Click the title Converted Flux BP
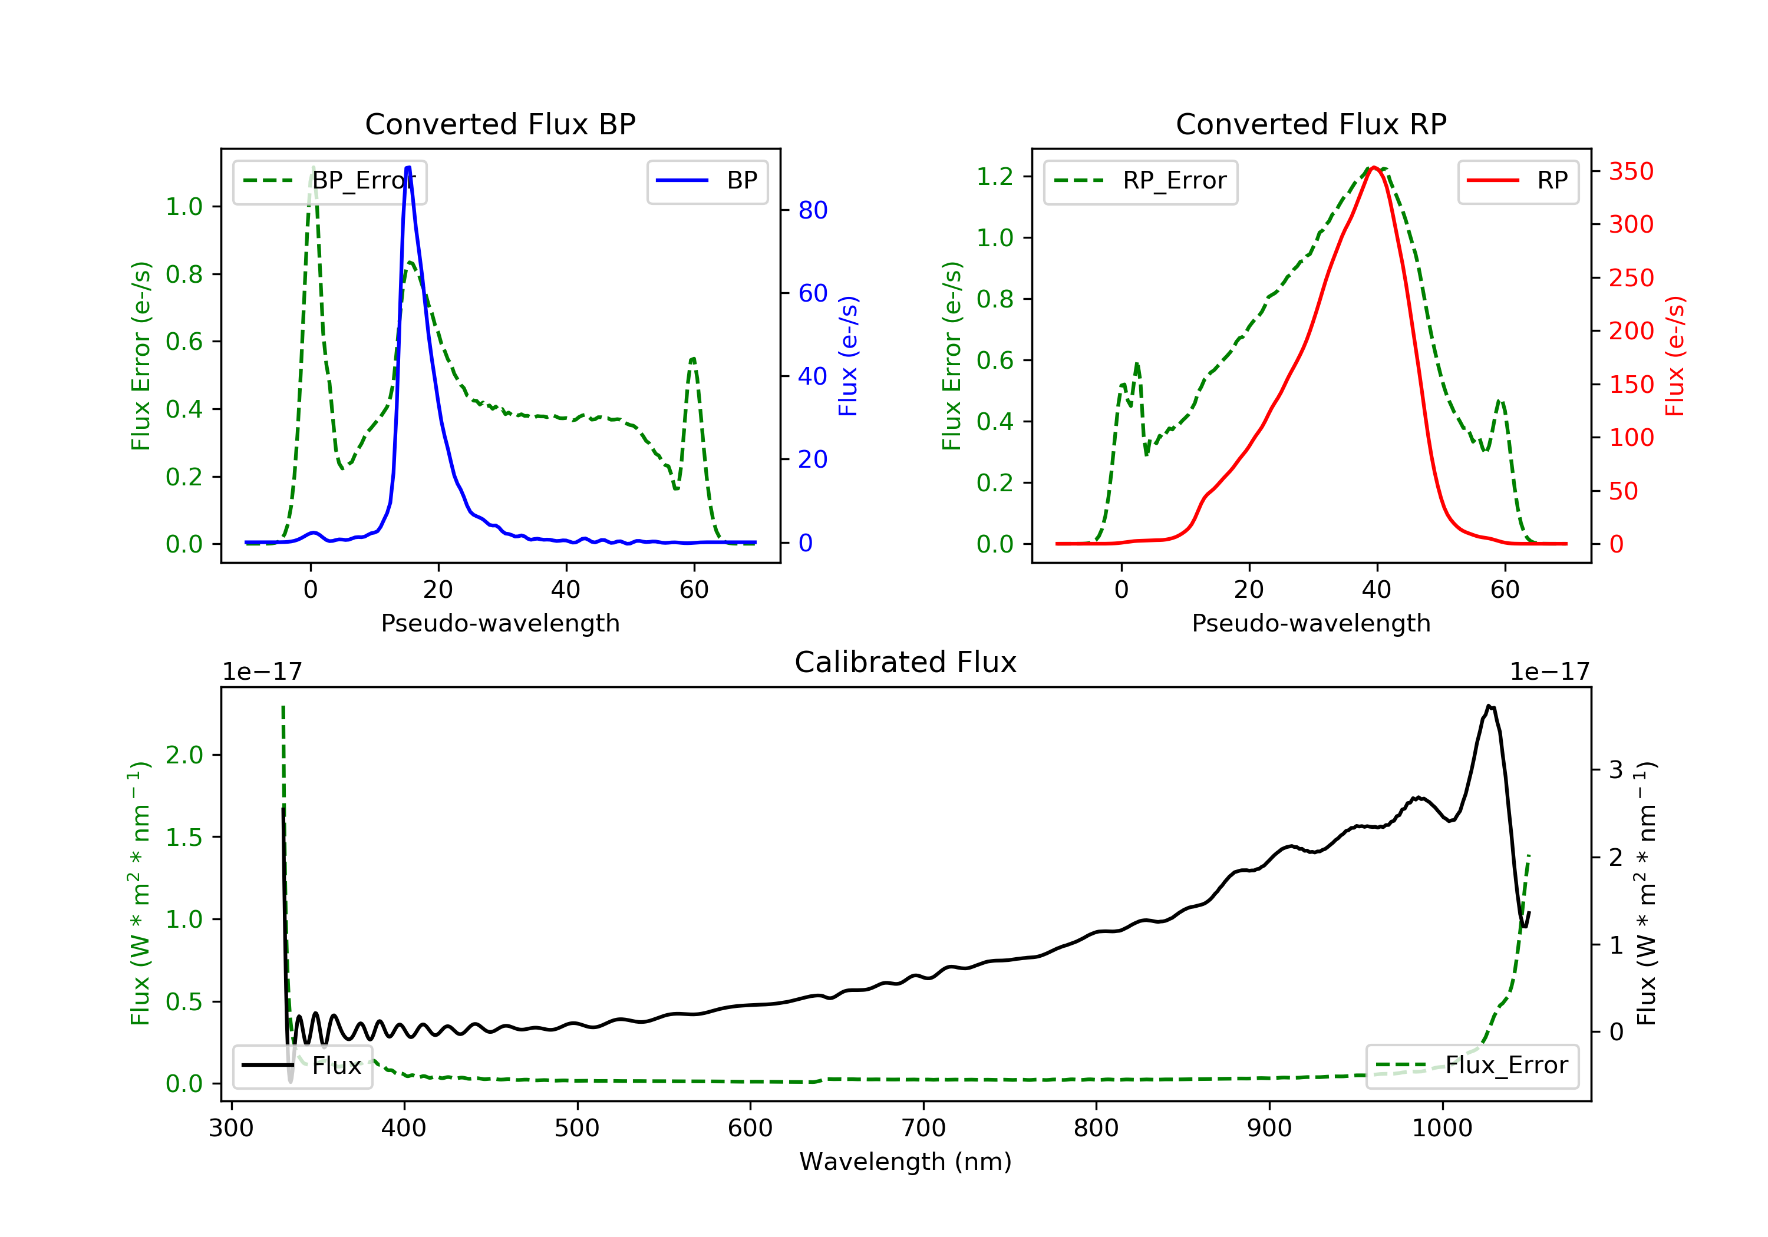pos(500,124)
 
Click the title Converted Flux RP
pos(1311,124)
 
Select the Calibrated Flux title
pos(906,662)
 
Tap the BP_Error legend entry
pos(329,181)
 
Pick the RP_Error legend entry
pos(1140,181)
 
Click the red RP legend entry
pos(1518,181)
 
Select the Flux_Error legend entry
pos(1472,1066)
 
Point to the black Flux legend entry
pos(303,1066)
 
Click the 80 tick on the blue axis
pos(812,210)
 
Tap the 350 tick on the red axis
pos(1631,171)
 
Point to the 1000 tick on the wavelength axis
pos(1442,1129)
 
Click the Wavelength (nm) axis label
pos(906,1162)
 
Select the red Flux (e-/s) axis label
pos(1675,356)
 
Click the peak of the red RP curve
pos(1374,168)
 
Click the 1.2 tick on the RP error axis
pos(995,176)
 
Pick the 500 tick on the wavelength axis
pos(577,1129)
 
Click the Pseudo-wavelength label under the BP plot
pos(500,623)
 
